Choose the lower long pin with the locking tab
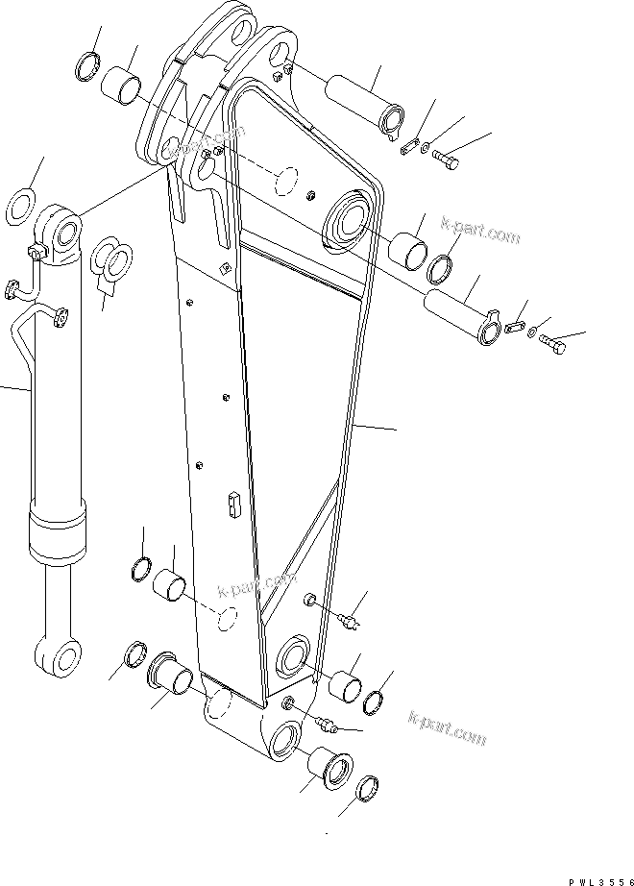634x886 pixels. (x=466, y=316)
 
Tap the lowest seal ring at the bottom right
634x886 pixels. (x=366, y=790)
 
